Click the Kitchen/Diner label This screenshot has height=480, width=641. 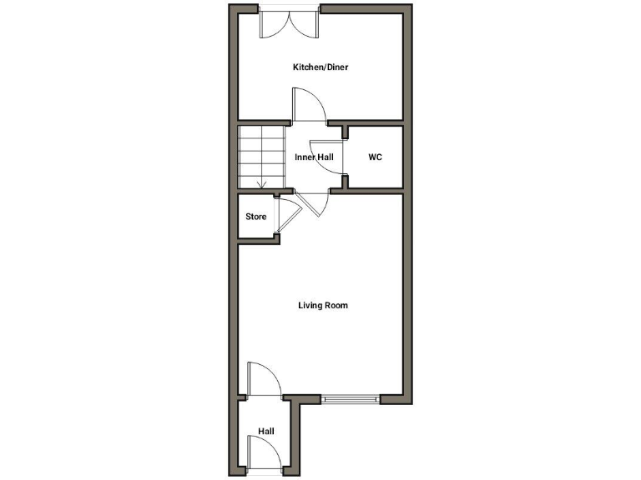click(320, 67)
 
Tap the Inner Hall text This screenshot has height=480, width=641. click(314, 157)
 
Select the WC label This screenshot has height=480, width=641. click(375, 157)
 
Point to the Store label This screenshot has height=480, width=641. click(255, 217)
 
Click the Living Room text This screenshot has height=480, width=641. click(322, 305)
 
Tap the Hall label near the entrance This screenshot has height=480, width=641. click(265, 431)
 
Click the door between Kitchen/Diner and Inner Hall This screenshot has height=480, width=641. click(309, 107)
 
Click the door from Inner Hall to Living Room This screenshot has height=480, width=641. click(310, 203)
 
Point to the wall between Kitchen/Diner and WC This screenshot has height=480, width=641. click(376, 122)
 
